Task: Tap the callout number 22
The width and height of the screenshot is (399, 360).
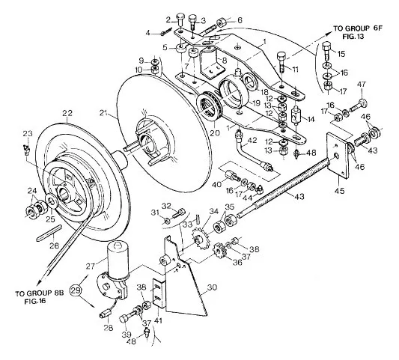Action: point(67,113)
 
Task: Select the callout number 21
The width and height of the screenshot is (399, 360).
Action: point(104,113)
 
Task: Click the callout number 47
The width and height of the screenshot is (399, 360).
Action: point(362,85)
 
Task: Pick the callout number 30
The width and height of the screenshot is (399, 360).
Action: point(212,287)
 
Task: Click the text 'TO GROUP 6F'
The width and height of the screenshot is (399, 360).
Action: point(358,28)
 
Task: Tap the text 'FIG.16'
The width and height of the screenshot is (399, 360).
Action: point(35,301)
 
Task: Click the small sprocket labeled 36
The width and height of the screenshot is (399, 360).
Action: point(219,251)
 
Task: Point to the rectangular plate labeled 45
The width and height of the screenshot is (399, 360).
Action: point(337,154)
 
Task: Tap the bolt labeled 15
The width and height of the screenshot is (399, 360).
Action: point(327,52)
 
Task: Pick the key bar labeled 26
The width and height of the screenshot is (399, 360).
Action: point(49,234)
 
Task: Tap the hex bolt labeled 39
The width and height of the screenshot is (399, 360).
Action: point(130,317)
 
